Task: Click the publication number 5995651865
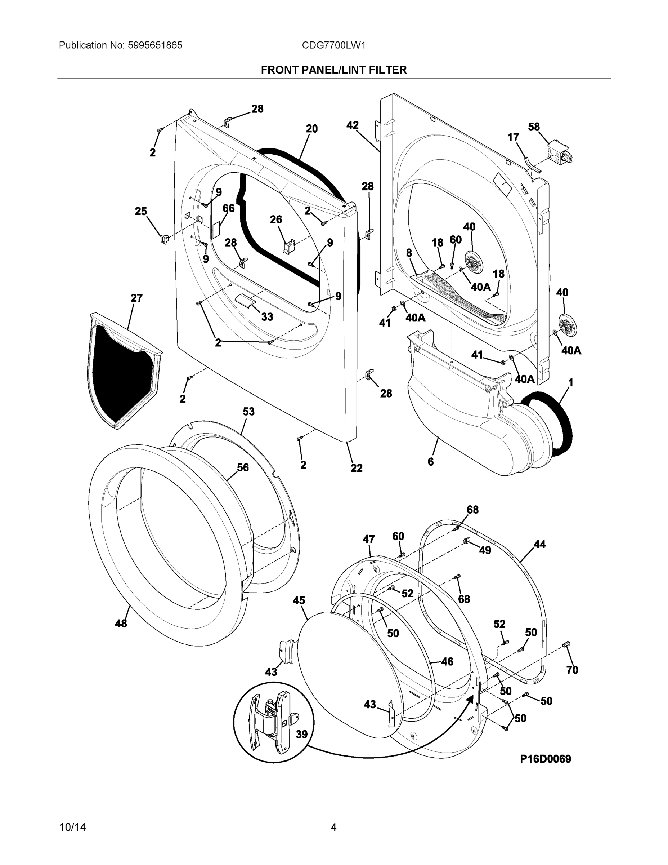point(155,45)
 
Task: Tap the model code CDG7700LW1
point(333,45)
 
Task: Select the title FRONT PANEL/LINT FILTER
point(333,70)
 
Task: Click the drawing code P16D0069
point(545,759)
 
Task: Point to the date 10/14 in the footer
point(72,828)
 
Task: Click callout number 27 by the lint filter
point(136,298)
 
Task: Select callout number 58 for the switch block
point(534,127)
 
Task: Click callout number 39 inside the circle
point(301,734)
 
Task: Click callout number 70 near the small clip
point(572,670)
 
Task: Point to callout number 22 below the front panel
point(356,468)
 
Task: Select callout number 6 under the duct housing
point(431,461)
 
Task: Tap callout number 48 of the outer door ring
point(121,624)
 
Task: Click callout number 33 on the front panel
point(267,317)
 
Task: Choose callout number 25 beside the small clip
point(141,212)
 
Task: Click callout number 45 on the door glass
point(299,600)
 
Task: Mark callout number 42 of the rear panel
point(352,125)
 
